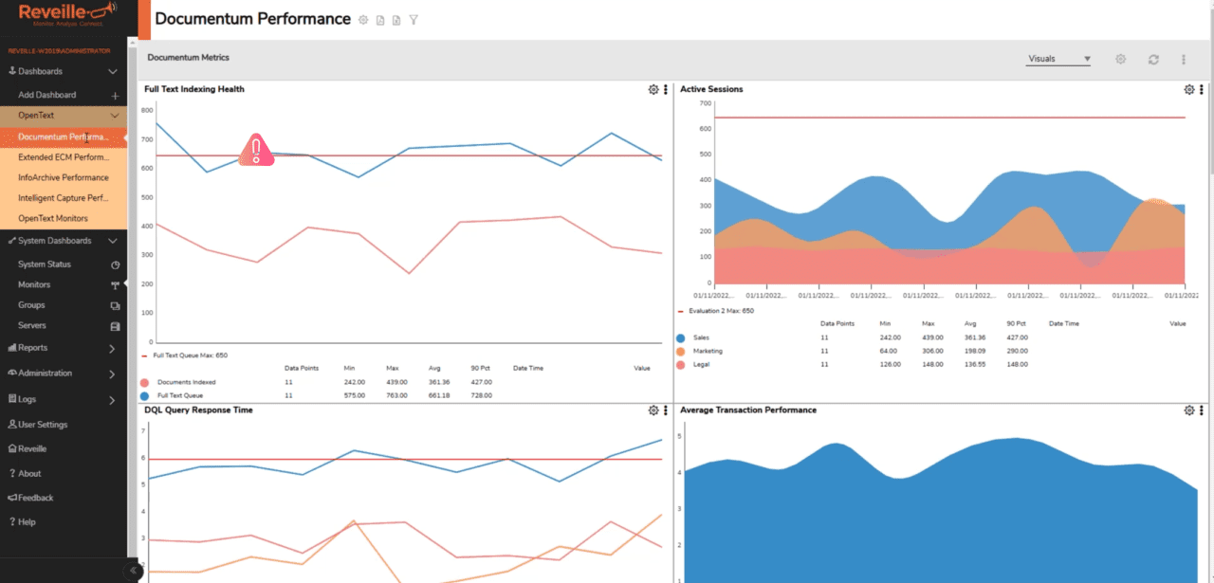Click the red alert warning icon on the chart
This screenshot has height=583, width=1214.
click(x=255, y=150)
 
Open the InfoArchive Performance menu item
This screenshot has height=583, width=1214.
click(x=63, y=177)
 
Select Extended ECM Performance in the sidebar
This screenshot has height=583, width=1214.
click(x=63, y=156)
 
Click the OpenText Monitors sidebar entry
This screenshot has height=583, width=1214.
click(x=52, y=219)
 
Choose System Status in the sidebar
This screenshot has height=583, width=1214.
click(x=44, y=264)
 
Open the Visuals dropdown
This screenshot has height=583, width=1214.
click(x=1058, y=59)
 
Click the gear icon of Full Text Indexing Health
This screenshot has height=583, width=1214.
click(x=653, y=89)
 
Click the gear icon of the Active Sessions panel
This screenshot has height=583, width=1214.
click(x=1189, y=89)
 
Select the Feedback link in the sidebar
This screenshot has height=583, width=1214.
click(x=36, y=498)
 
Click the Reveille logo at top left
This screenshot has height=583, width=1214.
click(x=63, y=12)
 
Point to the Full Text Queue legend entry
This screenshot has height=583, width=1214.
click(x=179, y=395)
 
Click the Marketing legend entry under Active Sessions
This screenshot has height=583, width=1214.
click(x=707, y=351)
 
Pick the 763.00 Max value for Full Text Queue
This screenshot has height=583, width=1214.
click(x=397, y=395)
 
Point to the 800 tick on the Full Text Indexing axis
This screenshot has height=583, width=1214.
click(x=147, y=110)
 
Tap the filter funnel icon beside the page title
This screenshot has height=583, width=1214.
click(x=414, y=20)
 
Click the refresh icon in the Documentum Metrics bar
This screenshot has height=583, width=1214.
click(x=1153, y=59)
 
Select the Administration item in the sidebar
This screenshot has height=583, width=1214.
click(x=45, y=373)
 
